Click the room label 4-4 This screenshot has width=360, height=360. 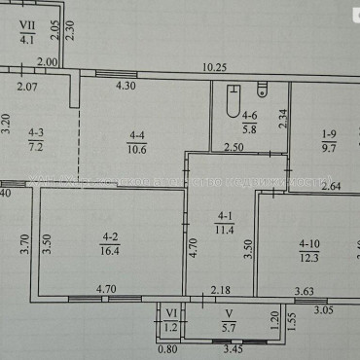[136, 135]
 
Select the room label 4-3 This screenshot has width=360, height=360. [36, 134]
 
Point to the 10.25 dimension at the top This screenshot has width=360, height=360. [215, 67]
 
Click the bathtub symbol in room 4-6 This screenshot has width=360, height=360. [230, 99]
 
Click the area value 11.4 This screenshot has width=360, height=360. [226, 230]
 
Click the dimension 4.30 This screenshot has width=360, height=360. [127, 87]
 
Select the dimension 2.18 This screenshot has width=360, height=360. [222, 288]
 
